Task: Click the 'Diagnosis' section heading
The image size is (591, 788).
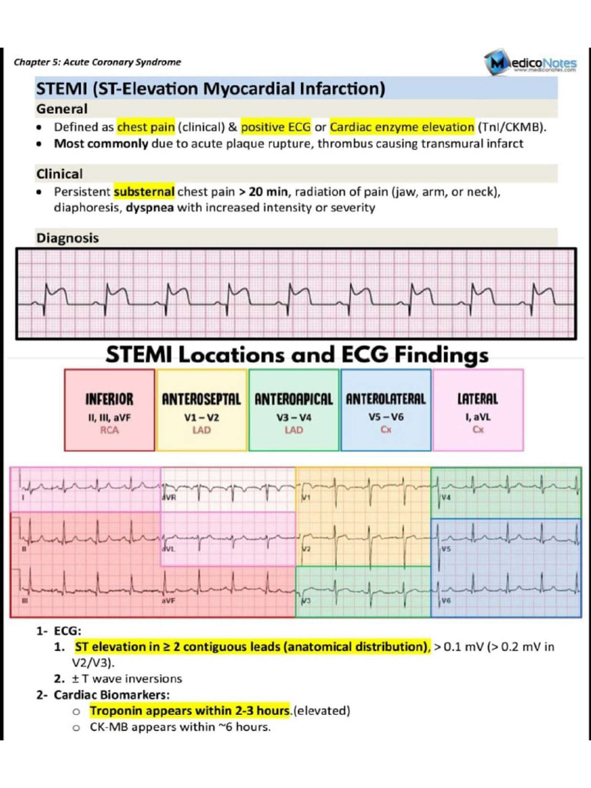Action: pos(68,238)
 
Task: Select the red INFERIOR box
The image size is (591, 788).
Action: pos(109,410)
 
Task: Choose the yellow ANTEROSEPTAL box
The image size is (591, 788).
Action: pos(202,410)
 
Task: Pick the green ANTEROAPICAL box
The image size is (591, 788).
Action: pos(293,410)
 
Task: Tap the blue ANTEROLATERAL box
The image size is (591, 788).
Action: pos(386,410)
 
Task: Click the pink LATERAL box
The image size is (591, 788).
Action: pos(478,410)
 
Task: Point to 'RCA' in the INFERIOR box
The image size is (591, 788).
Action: pos(109,430)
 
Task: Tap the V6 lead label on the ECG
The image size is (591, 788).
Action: pos(446,600)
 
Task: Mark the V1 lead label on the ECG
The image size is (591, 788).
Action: pos(306,498)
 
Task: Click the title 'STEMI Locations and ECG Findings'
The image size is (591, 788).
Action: pos(297,355)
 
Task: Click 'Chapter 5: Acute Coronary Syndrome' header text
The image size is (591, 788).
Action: pos(98,62)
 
